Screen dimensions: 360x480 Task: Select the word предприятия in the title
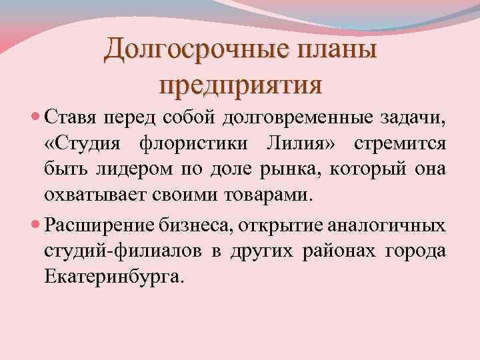coord(241,85)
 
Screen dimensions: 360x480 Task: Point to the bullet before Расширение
coord(36,225)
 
